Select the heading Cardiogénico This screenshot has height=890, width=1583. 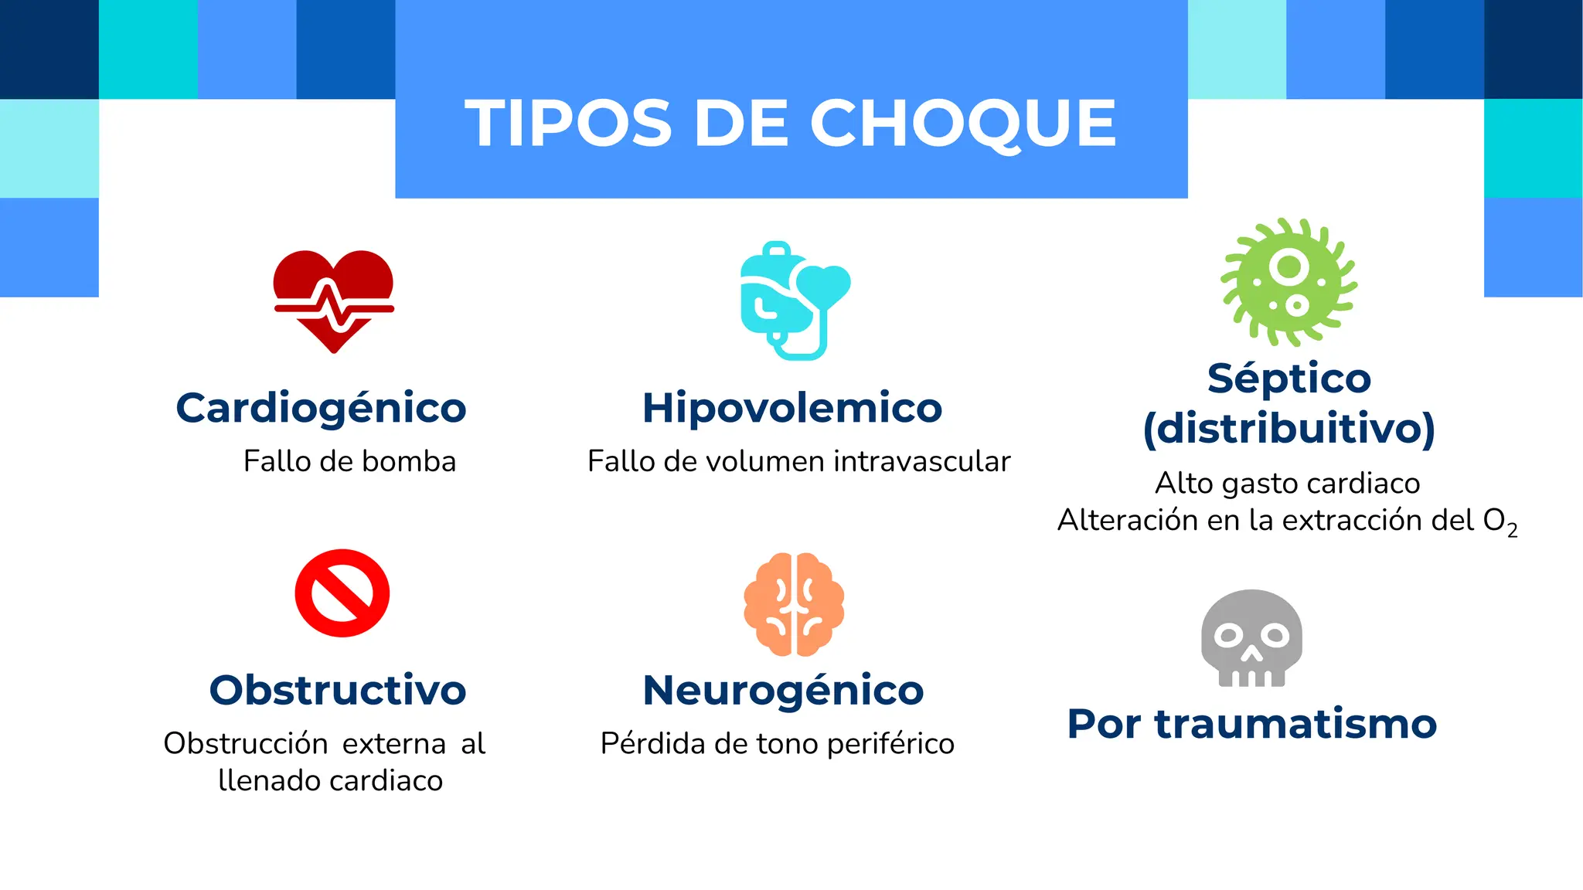point(321,408)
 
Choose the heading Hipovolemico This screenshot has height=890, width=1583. point(792,408)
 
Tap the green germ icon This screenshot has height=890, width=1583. point(1289,282)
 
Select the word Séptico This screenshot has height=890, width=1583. point(1289,379)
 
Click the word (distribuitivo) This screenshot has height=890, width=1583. point(1289,428)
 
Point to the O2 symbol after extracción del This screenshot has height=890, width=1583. point(1500,521)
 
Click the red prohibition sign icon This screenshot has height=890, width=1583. point(342,593)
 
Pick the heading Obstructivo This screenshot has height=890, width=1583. point(338,690)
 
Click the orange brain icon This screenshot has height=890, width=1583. point(794,604)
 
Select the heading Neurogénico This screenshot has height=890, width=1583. point(783,690)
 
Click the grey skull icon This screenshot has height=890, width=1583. point(1251,638)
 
